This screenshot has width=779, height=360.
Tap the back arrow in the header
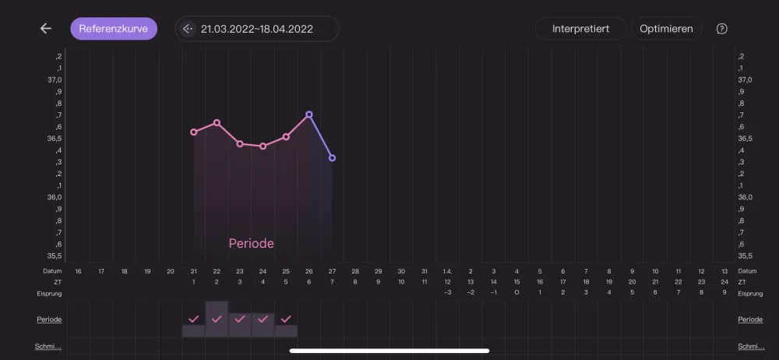[x=46, y=28]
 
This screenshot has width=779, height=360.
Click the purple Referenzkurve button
[x=114, y=28]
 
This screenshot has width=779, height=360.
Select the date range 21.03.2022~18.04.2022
[x=257, y=29]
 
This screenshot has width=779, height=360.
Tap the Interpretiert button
[x=581, y=28]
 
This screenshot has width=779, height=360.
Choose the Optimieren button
[x=666, y=28]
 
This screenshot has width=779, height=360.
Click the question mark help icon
[x=722, y=29]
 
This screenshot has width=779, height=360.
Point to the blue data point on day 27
[x=332, y=158]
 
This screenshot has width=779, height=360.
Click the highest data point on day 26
[x=309, y=115]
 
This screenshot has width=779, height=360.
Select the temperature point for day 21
[x=194, y=132]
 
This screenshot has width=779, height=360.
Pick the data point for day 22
[x=217, y=122]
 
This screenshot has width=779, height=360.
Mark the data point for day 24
[x=263, y=146]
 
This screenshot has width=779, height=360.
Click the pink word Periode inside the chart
[x=252, y=244]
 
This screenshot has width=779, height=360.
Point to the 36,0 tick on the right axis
[x=746, y=197]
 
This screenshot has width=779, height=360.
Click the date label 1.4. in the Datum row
[x=448, y=271]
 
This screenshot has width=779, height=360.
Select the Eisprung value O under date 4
[x=516, y=293]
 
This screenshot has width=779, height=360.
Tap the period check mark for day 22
[x=217, y=319]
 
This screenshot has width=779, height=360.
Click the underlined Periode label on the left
[x=49, y=319]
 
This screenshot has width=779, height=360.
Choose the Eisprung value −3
[x=448, y=293]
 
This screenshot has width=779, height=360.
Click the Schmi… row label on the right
[x=751, y=347]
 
